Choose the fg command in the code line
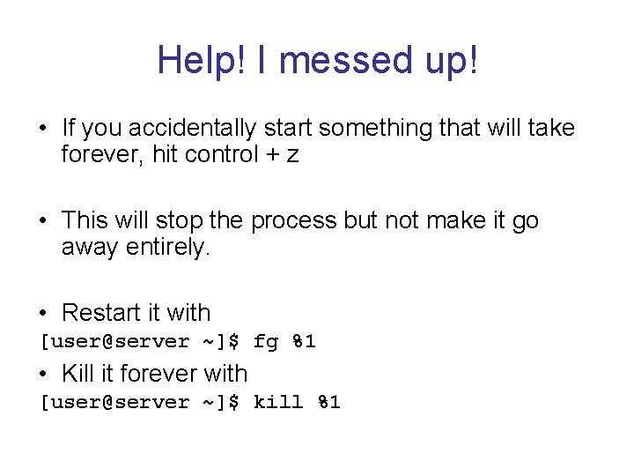coord(265,342)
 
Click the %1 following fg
coord(304,342)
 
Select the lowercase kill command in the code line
coord(277,403)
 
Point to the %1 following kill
coord(328,403)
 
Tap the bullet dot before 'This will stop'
coord(44,221)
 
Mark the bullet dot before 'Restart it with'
coord(44,314)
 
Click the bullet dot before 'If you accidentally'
coord(44,130)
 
